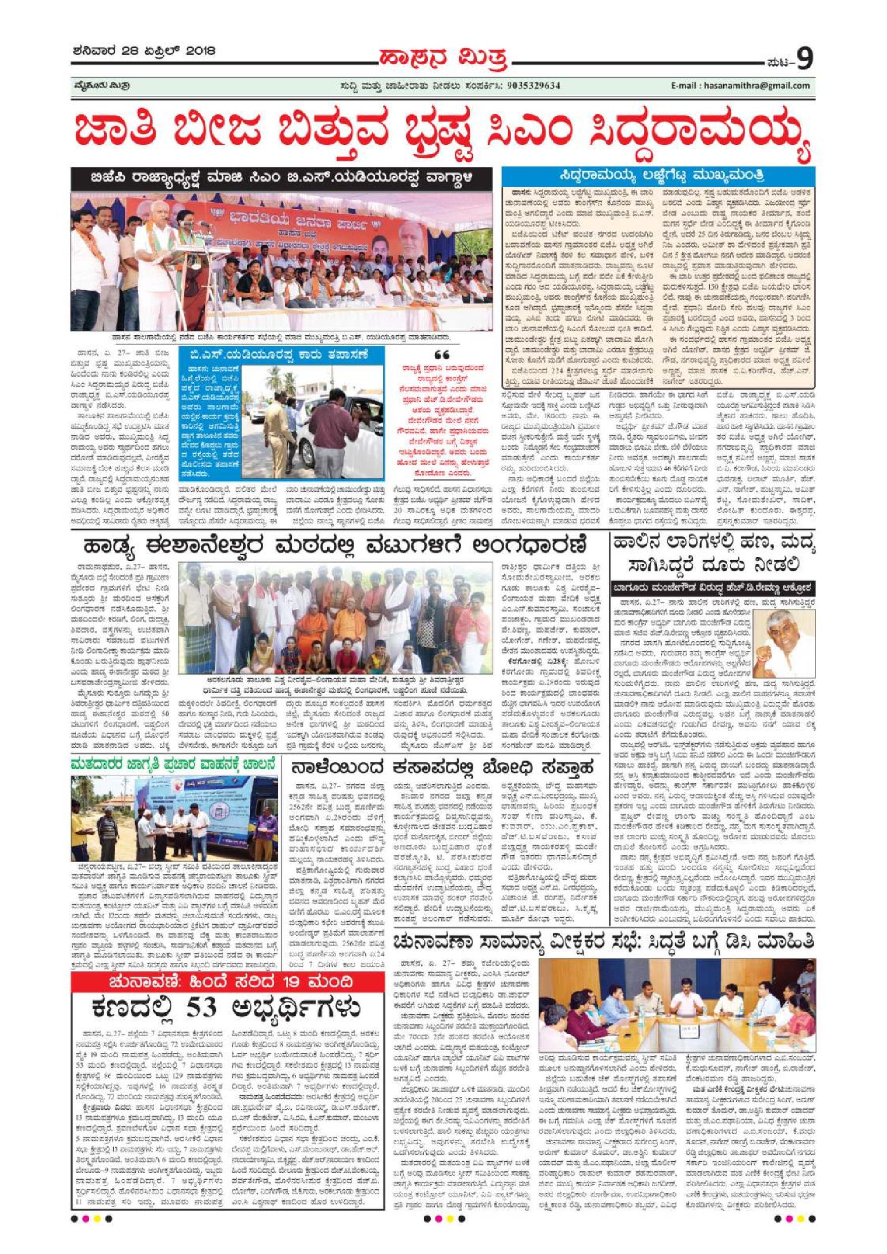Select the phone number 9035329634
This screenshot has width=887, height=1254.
tap(529, 86)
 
